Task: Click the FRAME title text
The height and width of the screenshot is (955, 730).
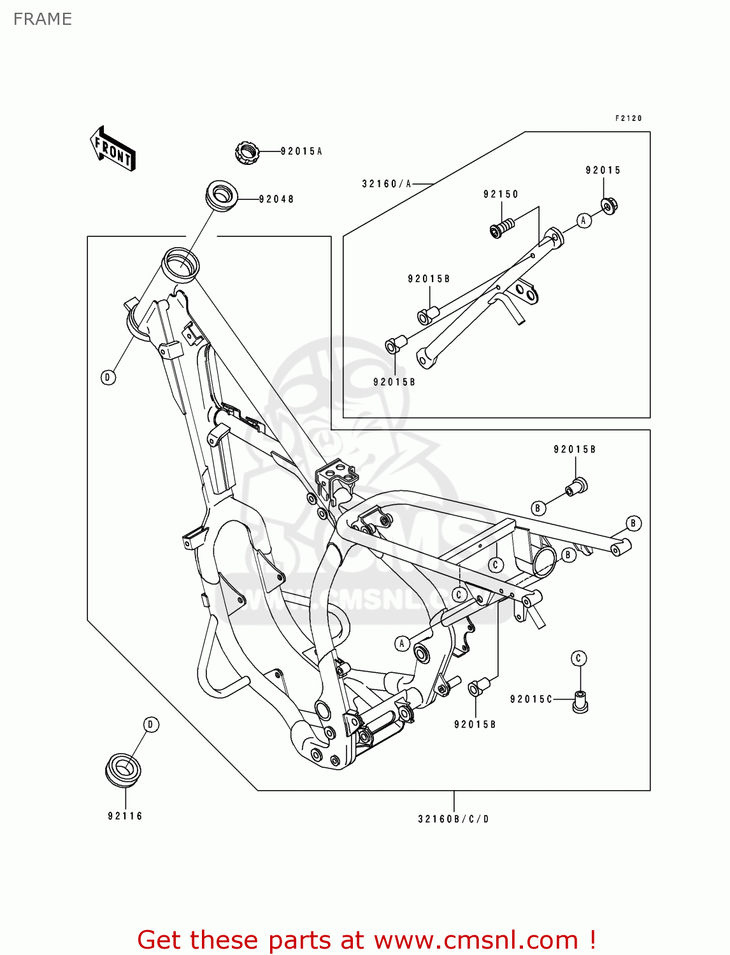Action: pyautogui.click(x=43, y=19)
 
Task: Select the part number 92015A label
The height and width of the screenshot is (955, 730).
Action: pyautogui.click(x=301, y=152)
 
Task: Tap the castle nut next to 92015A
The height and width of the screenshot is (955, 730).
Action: pyautogui.click(x=247, y=153)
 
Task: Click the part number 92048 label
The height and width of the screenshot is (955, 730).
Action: pyautogui.click(x=276, y=199)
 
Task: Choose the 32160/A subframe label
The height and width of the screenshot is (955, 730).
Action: pyautogui.click(x=387, y=184)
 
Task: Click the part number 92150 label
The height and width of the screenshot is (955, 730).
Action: pyautogui.click(x=501, y=194)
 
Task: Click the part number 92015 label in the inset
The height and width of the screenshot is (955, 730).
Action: pyautogui.click(x=603, y=170)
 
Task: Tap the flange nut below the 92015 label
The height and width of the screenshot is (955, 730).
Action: pyautogui.click(x=609, y=206)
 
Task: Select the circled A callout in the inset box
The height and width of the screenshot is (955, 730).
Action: pyautogui.click(x=583, y=220)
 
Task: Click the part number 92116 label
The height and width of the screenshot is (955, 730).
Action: pyautogui.click(x=125, y=816)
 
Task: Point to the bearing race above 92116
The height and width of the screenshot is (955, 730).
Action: pyautogui.click(x=123, y=769)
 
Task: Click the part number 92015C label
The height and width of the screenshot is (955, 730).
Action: pyautogui.click(x=531, y=699)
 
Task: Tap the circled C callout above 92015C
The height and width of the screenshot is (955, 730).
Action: pyautogui.click(x=578, y=658)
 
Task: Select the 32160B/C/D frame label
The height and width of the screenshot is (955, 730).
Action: pyautogui.click(x=454, y=819)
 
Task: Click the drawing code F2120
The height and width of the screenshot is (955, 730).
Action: pyautogui.click(x=628, y=118)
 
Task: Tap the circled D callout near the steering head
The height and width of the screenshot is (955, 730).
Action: pyautogui.click(x=108, y=378)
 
